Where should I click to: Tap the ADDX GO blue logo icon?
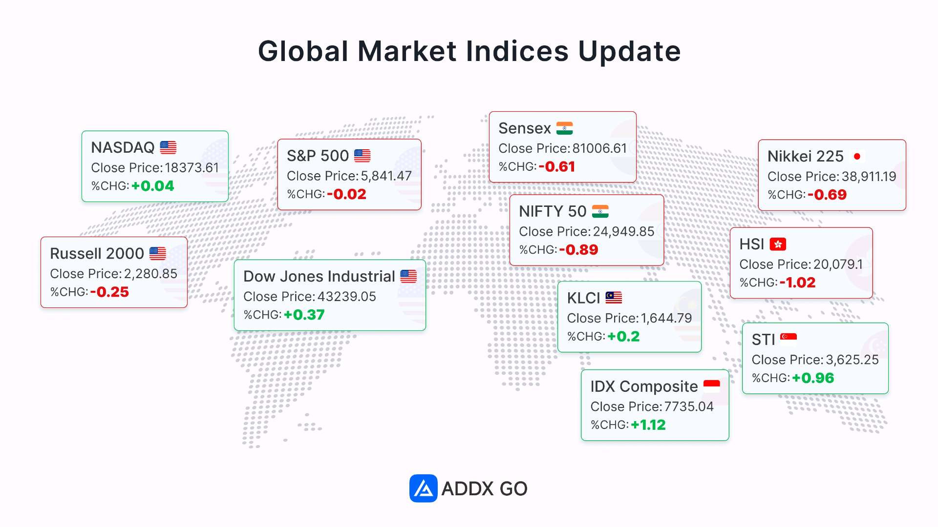pyautogui.click(x=423, y=488)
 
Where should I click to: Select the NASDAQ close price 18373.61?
pyautogui.click(x=192, y=168)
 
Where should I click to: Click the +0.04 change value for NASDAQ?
pyautogui.click(x=152, y=186)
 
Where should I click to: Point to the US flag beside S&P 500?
pyautogui.click(x=362, y=156)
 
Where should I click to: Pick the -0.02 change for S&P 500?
pyautogui.click(x=346, y=194)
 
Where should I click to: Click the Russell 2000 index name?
pyautogui.click(x=97, y=253)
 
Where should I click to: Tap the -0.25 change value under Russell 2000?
pyautogui.click(x=109, y=292)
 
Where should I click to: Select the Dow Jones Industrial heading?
pyautogui.click(x=319, y=276)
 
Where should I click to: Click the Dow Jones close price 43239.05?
pyautogui.click(x=347, y=297)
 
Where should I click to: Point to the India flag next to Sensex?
pyautogui.click(x=564, y=128)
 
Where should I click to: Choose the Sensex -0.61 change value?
pyautogui.click(x=557, y=167)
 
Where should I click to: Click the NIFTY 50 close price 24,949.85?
pyautogui.click(x=623, y=232)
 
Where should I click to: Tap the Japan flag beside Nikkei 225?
pyautogui.click(x=857, y=156)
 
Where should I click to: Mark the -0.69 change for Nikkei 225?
pyautogui.click(x=827, y=195)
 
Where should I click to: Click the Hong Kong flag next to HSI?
pyautogui.click(x=778, y=244)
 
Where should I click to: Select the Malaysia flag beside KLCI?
pyautogui.click(x=614, y=298)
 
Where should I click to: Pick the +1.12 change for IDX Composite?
pyautogui.click(x=648, y=425)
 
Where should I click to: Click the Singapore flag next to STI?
pyautogui.click(x=789, y=338)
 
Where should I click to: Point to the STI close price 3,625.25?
pyautogui.click(x=853, y=360)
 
